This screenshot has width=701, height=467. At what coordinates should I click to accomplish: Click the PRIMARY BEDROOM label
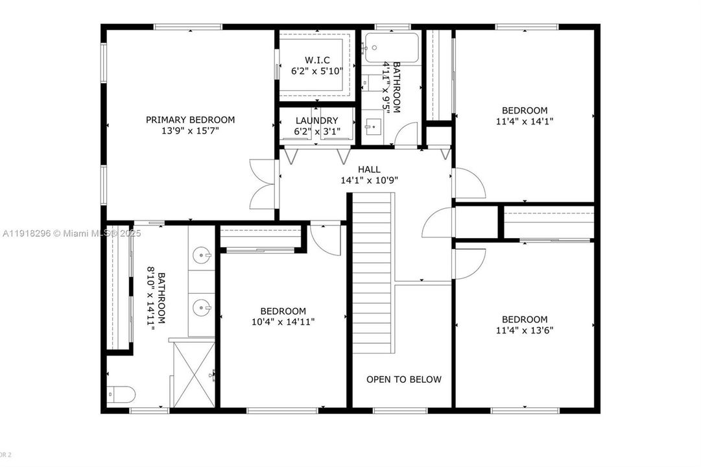(190, 119)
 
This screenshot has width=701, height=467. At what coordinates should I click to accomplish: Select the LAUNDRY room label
(316, 121)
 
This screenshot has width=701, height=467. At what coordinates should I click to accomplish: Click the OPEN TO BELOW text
(403, 379)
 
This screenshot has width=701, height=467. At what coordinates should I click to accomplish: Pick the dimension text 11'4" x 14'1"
(524, 121)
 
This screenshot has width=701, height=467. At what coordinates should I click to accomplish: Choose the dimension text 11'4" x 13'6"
(524, 329)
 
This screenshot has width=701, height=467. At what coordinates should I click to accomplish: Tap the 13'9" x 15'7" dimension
(190, 130)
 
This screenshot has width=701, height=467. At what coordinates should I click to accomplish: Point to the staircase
(373, 272)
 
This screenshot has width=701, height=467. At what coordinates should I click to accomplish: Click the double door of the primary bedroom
(264, 186)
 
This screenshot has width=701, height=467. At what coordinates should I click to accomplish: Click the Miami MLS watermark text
(71, 233)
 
